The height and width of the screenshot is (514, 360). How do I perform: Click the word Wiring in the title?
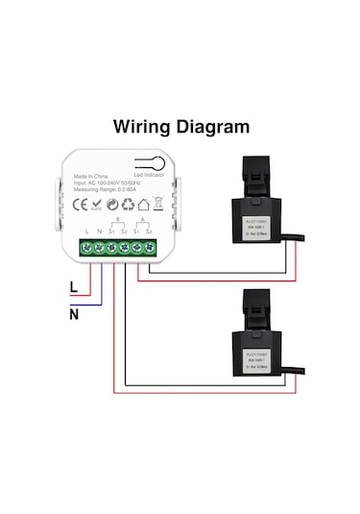click(141, 126)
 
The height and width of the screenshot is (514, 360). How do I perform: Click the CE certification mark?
click(83, 205)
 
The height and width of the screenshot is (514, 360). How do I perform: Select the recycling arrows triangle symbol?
click(128, 205)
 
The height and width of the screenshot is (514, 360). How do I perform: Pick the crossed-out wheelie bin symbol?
click(143, 205)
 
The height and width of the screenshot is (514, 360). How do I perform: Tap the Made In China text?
click(91, 178)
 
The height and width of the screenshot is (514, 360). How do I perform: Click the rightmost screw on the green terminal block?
click(148, 249)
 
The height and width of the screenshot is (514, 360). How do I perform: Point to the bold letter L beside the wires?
click(73, 286)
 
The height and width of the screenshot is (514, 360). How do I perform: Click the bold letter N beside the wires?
click(73, 312)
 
